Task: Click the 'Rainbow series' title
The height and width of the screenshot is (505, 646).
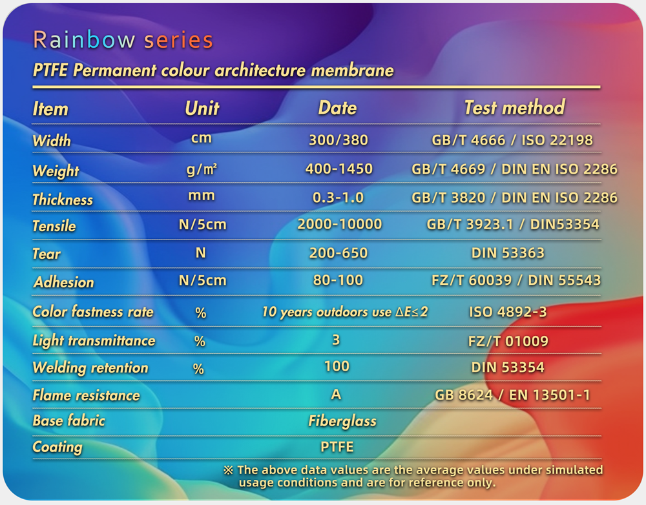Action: (x=123, y=41)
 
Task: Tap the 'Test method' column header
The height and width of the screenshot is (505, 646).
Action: (x=514, y=107)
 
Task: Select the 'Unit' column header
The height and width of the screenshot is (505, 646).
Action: (x=202, y=108)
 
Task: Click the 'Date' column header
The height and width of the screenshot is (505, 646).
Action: (x=337, y=108)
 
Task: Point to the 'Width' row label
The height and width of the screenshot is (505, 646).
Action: (x=52, y=140)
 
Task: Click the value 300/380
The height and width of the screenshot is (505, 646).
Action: (x=339, y=139)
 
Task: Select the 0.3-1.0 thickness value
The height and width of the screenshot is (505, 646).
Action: (x=339, y=198)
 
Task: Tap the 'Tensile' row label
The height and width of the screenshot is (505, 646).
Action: (x=54, y=226)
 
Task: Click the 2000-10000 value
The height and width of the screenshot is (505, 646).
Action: (x=339, y=224)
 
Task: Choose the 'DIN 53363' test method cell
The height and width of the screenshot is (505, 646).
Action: (x=508, y=253)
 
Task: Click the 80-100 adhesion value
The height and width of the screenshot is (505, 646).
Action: (x=339, y=280)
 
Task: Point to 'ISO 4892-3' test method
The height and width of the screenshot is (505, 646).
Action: (x=508, y=312)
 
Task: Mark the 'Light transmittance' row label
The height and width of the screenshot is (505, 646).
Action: (x=94, y=340)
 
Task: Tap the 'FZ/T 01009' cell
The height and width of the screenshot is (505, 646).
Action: (x=508, y=340)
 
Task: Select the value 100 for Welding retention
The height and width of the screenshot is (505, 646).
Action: (x=337, y=367)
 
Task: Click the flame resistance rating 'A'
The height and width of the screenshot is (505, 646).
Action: (x=337, y=395)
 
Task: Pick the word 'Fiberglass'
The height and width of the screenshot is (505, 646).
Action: (x=342, y=422)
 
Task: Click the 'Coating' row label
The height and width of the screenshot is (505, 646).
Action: (x=57, y=447)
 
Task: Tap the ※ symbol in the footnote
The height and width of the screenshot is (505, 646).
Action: (x=228, y=470)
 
